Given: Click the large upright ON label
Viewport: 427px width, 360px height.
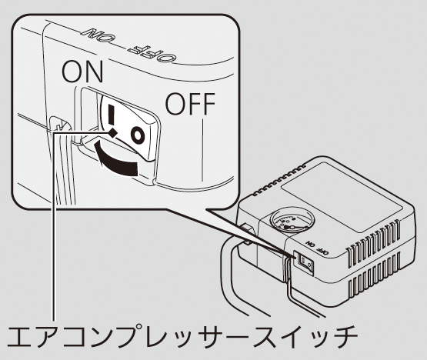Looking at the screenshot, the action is click(x=82, y=72).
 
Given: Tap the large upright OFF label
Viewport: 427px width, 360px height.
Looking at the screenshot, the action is click(x=190, y=104).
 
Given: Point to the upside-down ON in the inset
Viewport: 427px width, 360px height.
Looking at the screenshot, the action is click(x=96, y=35).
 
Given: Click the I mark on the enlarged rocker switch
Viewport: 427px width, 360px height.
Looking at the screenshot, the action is click(x=111, y=115).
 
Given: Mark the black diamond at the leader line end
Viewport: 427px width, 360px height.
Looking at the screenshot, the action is click(x=113, y=133).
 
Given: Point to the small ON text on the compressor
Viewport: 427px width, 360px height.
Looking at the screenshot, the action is click(x=311, y=243).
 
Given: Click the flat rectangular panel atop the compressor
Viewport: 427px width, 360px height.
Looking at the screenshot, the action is click(x=342, y=197).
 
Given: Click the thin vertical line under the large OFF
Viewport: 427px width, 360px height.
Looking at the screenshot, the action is click(x=202, y=150).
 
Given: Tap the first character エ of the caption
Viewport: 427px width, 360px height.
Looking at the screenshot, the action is click(x=20, y=336).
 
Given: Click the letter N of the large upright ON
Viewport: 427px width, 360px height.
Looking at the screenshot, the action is click(x=94, y=72).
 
